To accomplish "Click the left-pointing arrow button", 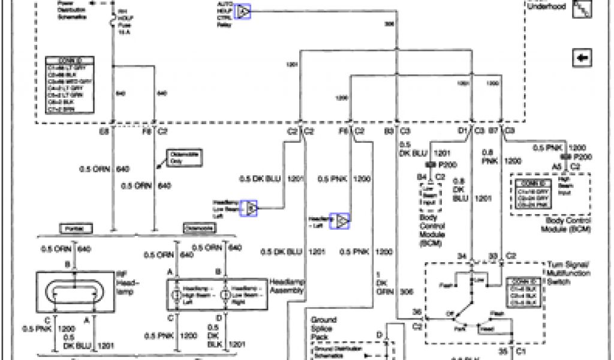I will click(x=582, y=58).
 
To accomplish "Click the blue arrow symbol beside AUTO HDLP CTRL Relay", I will click(x=243, y=11).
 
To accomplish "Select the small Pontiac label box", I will click(x=76, y=229).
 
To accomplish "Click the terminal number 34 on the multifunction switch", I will click(x=462, y=257).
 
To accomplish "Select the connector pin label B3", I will click(x=389, y=130).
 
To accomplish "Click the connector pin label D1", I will click(x=462, y=130).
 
